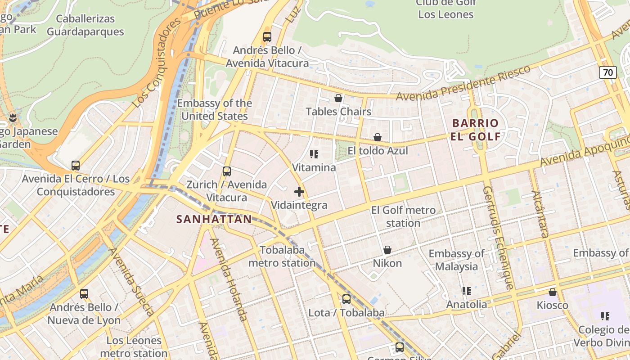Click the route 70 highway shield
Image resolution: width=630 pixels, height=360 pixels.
tap(607, 72)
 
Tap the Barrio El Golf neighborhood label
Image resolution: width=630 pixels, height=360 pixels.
tap(476, 130)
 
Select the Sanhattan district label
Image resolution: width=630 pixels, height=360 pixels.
tap(214, 219)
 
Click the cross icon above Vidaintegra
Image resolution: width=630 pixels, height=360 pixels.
tap(299, 192)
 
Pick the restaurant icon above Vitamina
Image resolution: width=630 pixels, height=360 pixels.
tap(314, 154)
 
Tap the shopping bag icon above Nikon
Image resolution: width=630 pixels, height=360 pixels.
tap(387, 250)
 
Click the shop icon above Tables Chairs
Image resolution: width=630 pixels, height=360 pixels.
tap(338, 98)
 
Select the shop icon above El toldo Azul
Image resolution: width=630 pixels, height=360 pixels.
tap(378, 137)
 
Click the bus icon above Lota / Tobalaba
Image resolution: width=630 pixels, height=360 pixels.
tap(346, 299)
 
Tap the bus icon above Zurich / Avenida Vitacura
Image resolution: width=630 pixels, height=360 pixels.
tap(227, 171)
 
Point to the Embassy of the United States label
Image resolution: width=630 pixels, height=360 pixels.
tap(214, 109)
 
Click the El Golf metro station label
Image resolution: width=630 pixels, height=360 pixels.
tap(403, 216)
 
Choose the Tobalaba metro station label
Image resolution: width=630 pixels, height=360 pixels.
tap(282, 256)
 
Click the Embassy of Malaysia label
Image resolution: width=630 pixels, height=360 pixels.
tap(456, 260)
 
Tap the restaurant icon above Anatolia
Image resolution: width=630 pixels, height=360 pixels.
tap(467, 291)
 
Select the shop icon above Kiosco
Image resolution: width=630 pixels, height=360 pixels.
tap(553, 292)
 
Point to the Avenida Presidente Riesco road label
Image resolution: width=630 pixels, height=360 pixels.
tap(463, 83)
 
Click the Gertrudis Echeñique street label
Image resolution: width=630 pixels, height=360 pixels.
tap(498, 238)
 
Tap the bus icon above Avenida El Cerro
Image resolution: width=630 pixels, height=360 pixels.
tap(76, 166)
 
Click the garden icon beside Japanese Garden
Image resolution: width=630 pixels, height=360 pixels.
tap(13, 118)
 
